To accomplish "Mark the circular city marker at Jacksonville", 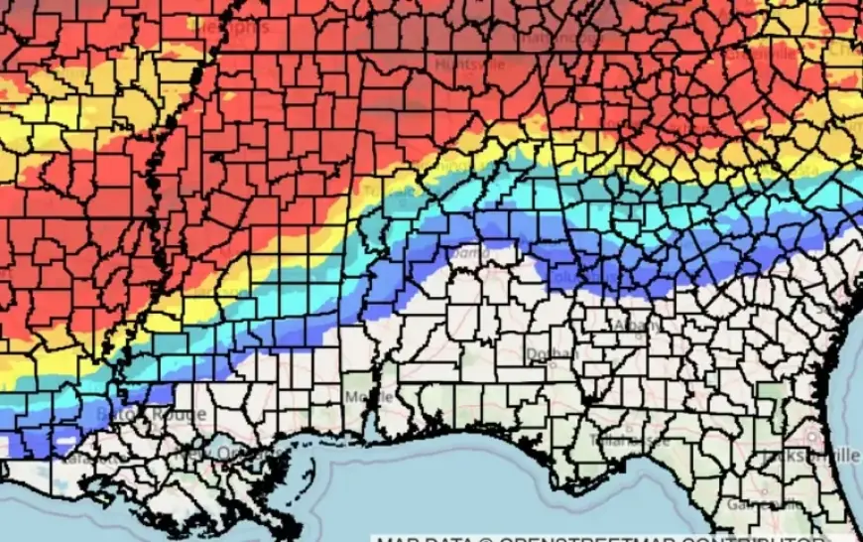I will tap(814, 437).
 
